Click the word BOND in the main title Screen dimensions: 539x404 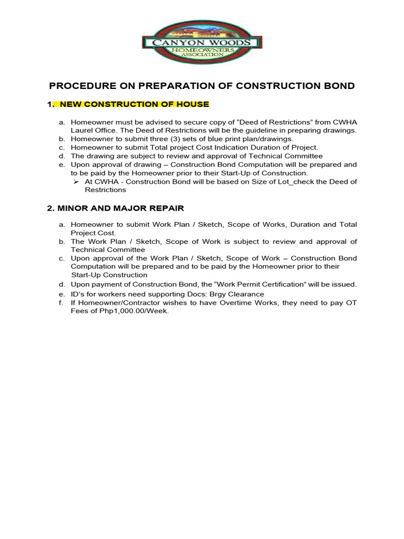point(337,86)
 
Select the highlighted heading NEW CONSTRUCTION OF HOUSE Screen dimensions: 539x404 point(135,104)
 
